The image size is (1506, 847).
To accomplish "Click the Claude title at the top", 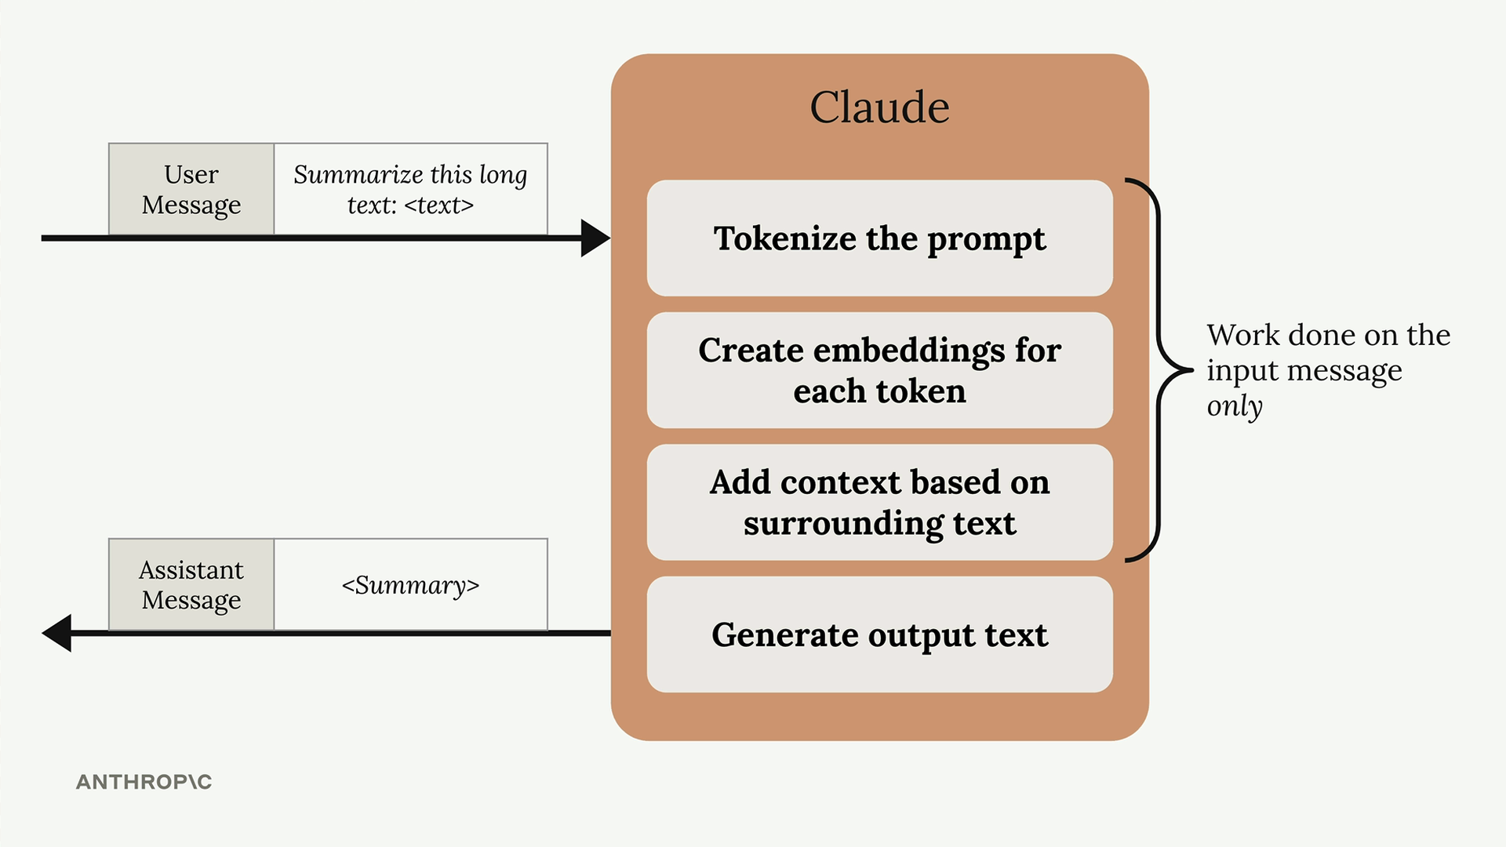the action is pyautogui.click(x=879, y=107).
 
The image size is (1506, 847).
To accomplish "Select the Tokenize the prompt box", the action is pyautogui.click(x=879, y=238).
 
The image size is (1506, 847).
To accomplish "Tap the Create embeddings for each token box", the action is pyautogui.click(x=879, y=370).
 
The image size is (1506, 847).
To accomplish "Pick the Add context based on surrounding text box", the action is pyautogui.click(x=879, y=503).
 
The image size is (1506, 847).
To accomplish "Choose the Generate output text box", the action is pyautogui.click(x=879, y=634).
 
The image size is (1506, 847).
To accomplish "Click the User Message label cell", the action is pyautogui.click(x=191, y=189).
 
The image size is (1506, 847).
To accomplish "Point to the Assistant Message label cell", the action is pyautogui.click(x=191, y=584).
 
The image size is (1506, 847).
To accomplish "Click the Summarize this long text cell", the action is pyautogui.click(x=410, y=189).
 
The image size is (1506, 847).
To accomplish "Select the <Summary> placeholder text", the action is pyautogui.click(x=410, y=585).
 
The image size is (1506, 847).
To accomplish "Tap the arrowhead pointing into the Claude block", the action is pyautogui.click(x=595, y=238).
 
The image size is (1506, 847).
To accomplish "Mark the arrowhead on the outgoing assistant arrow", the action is pyautogui.click(x=56, y=633).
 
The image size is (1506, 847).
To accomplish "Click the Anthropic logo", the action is pyautogui.click(x=144, y=782).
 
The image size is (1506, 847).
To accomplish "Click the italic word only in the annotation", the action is pyautogui.click(x=1235, y=406).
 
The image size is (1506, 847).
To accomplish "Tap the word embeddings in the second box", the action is pyautogui.click(x=909, y=351).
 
